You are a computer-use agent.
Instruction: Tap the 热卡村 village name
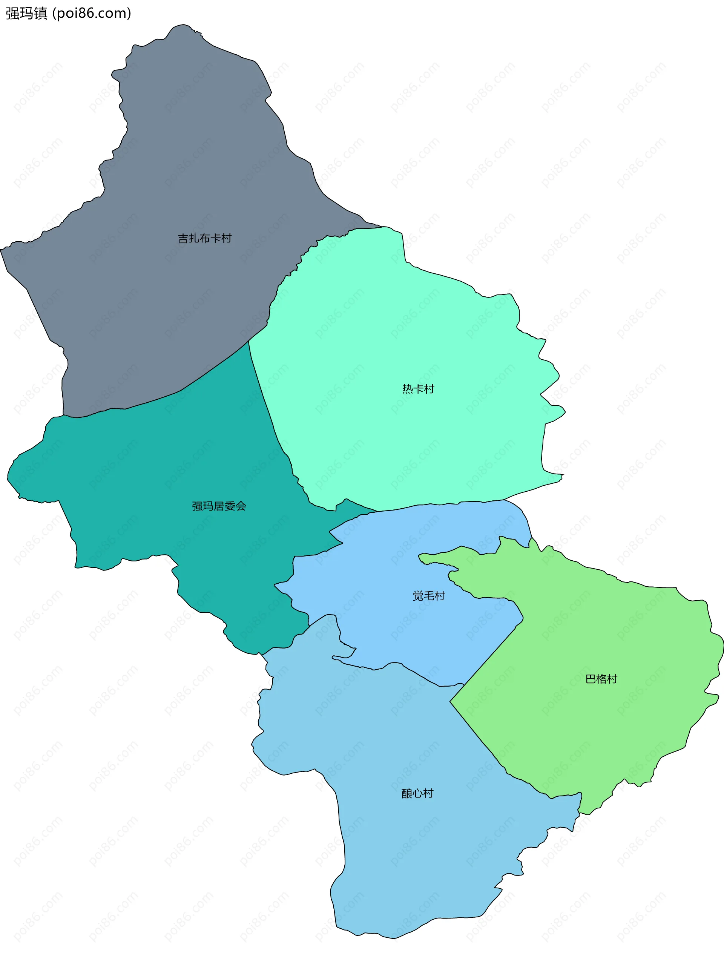coord(418,389)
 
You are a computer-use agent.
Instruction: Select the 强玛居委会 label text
coord(219,506)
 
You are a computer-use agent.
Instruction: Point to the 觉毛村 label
coord(428,596)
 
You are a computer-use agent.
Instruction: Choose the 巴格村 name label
coord(601,679)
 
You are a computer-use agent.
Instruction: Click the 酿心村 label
coord(417,793)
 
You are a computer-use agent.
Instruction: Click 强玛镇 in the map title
coord(26,14)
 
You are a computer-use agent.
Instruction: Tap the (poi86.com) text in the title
coord(91,14)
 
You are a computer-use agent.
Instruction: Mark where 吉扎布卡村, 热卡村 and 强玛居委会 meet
coord(248,341)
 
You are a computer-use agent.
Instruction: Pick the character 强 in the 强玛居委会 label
coord(197,506)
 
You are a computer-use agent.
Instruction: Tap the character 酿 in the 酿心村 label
coord(406,793)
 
